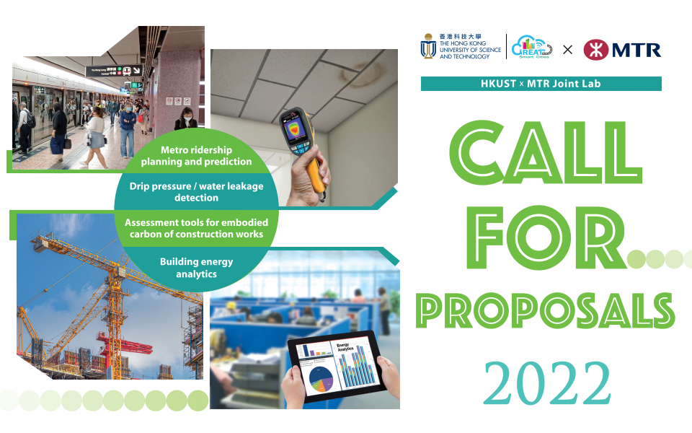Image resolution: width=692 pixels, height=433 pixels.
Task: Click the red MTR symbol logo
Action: [x=595, y=49]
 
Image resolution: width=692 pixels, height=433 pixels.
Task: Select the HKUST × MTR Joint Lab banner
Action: [x=541, y=84]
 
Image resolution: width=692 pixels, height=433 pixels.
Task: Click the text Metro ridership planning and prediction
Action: [x=196, y=156]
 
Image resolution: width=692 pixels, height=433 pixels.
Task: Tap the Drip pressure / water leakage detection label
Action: [x=196, y=191]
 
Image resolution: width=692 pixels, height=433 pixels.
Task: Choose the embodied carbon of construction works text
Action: [x=196, y=228]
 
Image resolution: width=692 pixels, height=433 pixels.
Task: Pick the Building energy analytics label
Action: [x=196, y=268]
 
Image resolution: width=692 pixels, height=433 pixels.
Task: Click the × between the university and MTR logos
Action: [x=567, y=50]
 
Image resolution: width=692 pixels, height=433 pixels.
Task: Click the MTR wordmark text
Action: [x=636, y=49]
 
